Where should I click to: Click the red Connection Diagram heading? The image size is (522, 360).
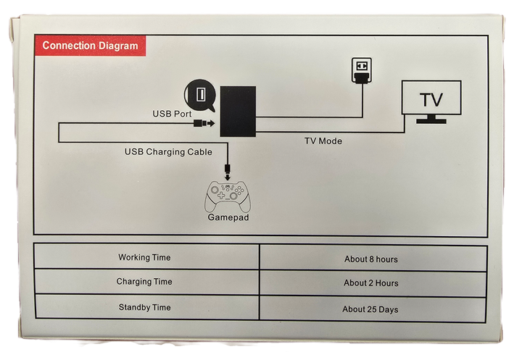click(90, 46)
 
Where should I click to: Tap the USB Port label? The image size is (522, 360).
click(172, 114)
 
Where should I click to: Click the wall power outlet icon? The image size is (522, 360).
click(360, 70)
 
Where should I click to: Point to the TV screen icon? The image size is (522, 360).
click(432, 97)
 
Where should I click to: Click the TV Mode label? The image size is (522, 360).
click(323, 141)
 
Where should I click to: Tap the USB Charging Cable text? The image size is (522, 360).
click(168, 151)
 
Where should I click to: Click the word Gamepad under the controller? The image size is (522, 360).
click(228, 217)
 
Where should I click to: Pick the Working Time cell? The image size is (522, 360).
click(144, 257)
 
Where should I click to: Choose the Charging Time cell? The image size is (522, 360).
click(144, 282)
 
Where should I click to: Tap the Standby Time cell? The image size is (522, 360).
click(144, 308)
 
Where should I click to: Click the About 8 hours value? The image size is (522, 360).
click(370, 259)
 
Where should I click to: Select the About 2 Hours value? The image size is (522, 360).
click(370, 283)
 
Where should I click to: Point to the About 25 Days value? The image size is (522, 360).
click(370, 309)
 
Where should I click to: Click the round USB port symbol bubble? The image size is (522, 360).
click(201, 94)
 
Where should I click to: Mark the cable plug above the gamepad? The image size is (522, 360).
click(228, 172)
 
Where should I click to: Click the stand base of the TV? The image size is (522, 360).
click(432, 120)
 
